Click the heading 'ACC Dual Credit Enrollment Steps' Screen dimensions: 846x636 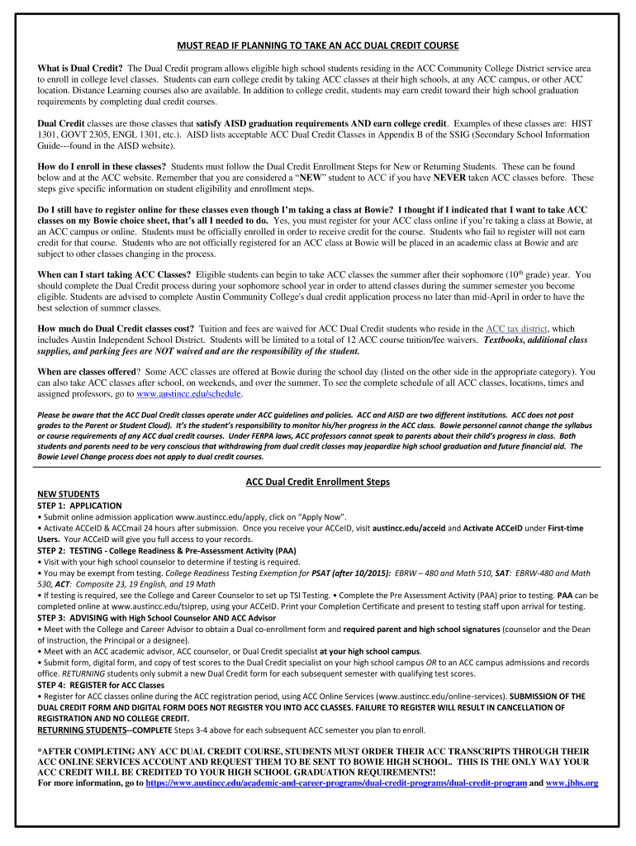tap(318, 482)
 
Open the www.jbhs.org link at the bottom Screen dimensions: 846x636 tap(572, 782)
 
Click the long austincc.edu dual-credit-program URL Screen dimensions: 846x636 tap(335, 782)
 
